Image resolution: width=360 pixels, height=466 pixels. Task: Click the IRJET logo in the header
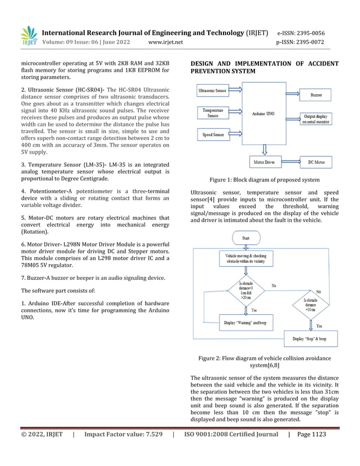[29, 36]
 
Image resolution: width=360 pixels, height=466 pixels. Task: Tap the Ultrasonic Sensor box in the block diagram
[212, 90]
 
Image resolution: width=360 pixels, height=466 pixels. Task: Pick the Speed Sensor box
[212, 135]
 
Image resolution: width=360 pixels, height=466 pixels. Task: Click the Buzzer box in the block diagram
[316, 95]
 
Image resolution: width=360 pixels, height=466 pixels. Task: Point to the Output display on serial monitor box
[316, 118]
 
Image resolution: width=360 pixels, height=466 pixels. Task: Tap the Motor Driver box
[262, 162]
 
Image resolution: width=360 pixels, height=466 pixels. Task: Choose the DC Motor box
[316, 162]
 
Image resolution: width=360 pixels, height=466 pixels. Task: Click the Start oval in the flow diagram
[246, 239]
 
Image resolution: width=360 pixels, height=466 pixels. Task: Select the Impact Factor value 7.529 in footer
[124, 434]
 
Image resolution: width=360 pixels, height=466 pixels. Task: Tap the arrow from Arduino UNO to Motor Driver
[262, 149]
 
